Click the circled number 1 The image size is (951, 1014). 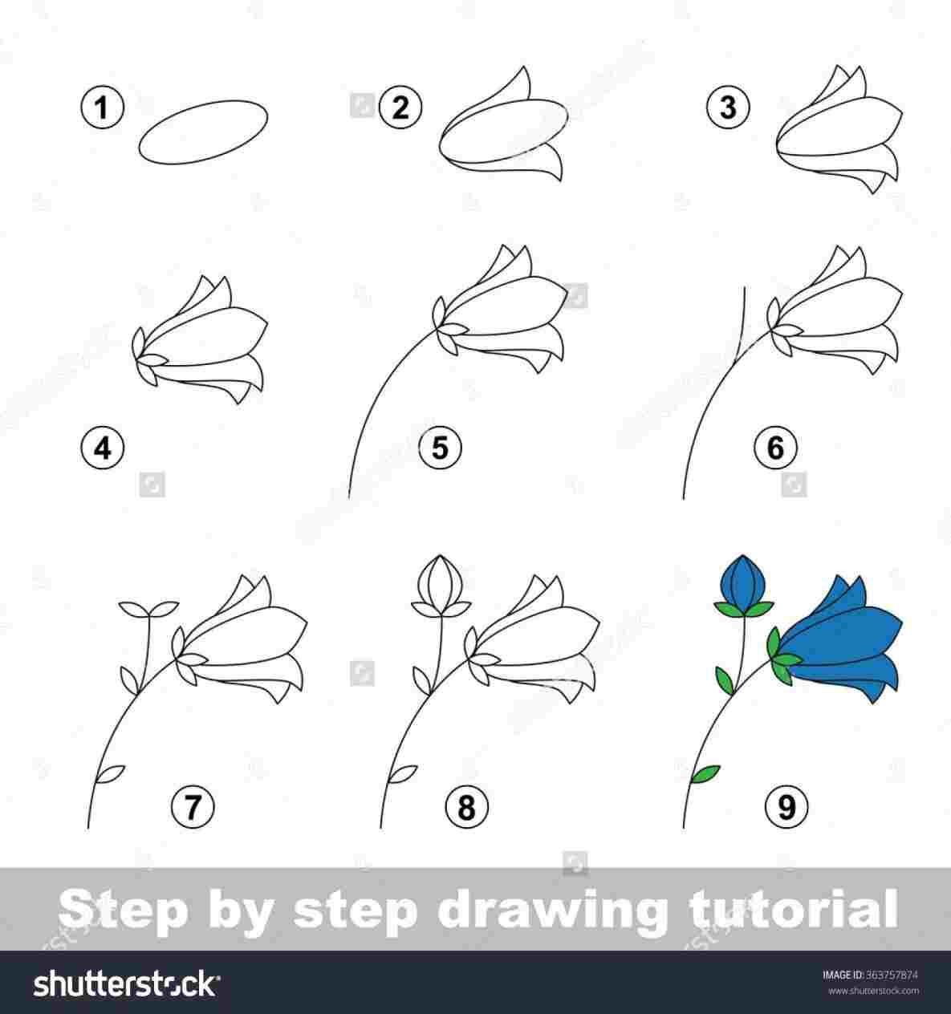point(102,107)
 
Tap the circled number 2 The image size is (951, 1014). point(401,107)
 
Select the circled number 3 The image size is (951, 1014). point(728,107)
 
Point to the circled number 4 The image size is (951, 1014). point(102,448)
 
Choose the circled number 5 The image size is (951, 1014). point(440,447)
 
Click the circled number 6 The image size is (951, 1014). point(774,447)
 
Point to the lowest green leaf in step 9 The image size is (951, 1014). point(706,773)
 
